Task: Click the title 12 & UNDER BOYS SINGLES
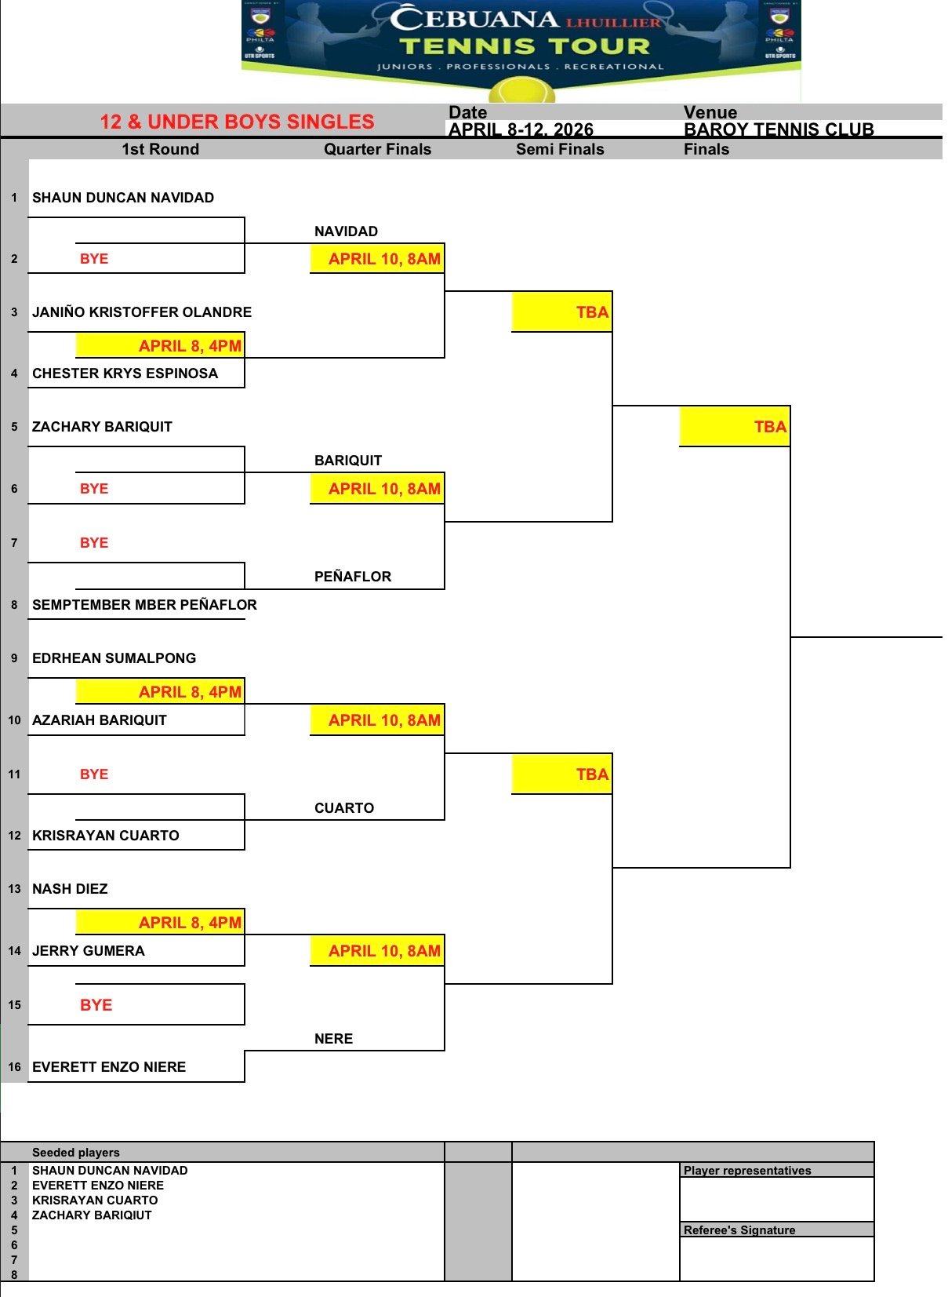(237, 122)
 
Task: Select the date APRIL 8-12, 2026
(521, 129)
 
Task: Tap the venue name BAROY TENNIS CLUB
(779, 129)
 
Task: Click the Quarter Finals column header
(377, 149)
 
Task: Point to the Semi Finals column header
(560, 149)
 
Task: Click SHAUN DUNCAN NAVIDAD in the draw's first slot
(123, 198)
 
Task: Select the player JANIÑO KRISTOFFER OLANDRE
(142, 312)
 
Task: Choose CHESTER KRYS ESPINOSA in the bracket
(125, 373)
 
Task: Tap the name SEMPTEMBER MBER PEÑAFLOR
(144, 605)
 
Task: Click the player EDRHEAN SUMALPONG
(114, 658)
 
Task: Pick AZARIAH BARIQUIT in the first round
(100, 720)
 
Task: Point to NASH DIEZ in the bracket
(70, 889)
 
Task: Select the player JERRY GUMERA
(89, 951)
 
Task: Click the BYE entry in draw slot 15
(96, 1005)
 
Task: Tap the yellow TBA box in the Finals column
(735, 427)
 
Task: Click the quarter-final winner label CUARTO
(344, 808)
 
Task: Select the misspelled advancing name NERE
(333, 1039)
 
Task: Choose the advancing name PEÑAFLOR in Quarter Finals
(353, 577)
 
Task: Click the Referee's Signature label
(739, 1230)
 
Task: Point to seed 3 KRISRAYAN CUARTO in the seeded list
(95, 1200)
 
